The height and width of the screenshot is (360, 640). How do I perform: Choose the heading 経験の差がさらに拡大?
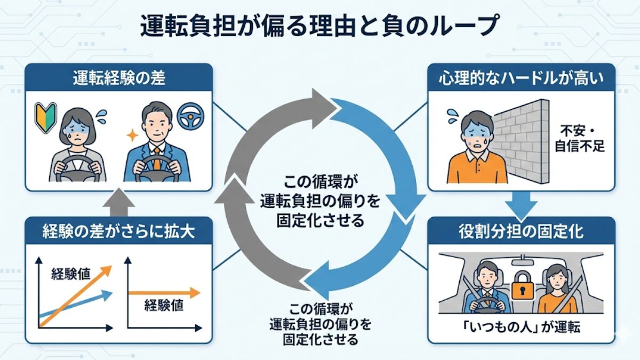(x=119, y=232)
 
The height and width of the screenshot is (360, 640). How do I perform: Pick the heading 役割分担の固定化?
(x=522, y=232)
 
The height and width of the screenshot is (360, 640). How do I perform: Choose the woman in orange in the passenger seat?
(x=556, y=291)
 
